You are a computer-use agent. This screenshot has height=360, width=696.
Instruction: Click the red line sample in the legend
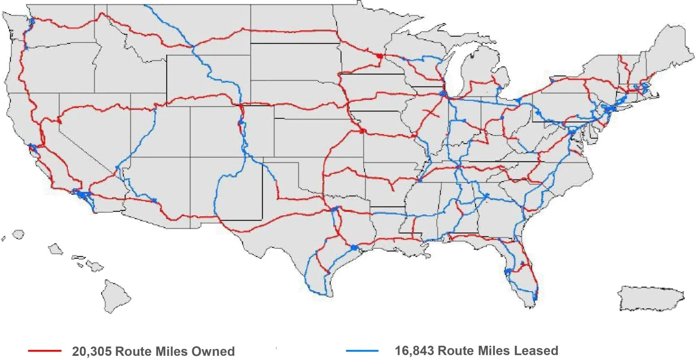45,351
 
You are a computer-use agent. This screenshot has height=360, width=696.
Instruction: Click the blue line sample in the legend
362,351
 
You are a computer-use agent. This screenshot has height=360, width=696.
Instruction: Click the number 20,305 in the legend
92,351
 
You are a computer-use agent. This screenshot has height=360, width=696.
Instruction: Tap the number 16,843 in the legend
414,351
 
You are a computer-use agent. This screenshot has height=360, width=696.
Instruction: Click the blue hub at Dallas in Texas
335,209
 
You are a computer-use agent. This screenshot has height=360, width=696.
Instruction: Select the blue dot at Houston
354,248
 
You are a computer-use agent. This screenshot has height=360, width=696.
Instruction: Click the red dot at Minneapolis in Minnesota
380,56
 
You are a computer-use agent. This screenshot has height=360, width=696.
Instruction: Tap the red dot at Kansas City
362,131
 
